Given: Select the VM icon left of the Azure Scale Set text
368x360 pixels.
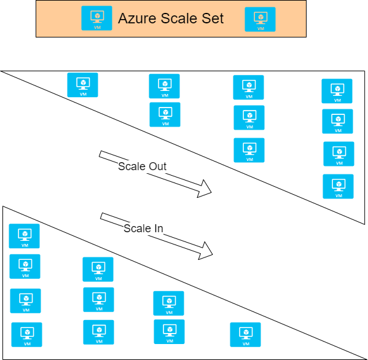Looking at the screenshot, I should [97, 18].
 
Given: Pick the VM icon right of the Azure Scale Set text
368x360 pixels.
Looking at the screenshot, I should [260, 19].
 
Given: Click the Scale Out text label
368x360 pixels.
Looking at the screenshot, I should [143, 166].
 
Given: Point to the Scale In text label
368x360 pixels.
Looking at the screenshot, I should [143, 228].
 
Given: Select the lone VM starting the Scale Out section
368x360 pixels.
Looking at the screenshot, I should [82, 85].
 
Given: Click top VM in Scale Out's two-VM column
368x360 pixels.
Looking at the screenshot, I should [164, 86].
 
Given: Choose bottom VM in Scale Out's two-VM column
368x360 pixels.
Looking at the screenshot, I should [165, 114].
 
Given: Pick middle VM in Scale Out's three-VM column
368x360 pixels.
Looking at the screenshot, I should [249, 117].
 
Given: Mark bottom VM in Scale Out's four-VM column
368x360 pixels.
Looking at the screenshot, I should [338, 186].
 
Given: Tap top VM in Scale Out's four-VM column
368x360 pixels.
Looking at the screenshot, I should [337, 91].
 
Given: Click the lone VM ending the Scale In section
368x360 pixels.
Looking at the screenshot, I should [245, 334].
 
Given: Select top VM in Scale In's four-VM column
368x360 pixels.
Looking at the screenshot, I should [24, 236].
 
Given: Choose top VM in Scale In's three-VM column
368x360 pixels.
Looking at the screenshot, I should [98, 269].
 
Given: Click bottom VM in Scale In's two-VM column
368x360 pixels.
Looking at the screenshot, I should [169, 331].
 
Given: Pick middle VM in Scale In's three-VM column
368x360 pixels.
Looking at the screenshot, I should [98, 299].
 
